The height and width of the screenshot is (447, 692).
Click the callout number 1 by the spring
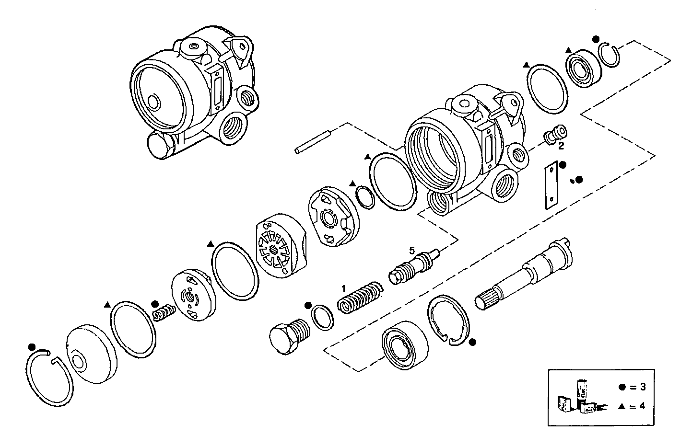click(x=343, y=289)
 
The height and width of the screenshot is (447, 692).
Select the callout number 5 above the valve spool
click(x=411, y=250)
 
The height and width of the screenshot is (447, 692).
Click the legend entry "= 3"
click(x=633, y=387)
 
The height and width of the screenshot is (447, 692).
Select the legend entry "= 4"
click(x=633, y=406)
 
